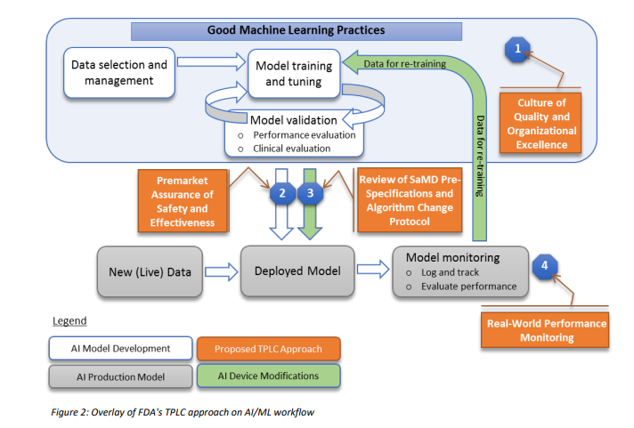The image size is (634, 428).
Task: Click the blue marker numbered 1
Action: coord(517,50)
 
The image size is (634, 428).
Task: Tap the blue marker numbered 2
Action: coord(282,193)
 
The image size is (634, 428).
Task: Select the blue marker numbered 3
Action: coord(310,193)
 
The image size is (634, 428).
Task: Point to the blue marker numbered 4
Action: coord(545,266)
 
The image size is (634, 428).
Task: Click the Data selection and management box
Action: coord(119,73)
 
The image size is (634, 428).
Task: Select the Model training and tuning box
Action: coord(294,74)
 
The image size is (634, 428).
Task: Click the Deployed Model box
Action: coord(297,271)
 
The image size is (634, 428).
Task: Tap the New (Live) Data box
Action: coord(150,272)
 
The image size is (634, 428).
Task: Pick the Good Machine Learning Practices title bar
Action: coord(297,31)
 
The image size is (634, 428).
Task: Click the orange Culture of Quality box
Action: coord(541,123)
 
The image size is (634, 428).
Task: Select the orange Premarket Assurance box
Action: coord(183,201)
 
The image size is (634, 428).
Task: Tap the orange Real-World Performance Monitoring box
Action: coord(545,330)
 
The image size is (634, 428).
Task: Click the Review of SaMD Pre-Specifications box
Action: coord(410,200)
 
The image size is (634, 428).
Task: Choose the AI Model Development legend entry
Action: coord(120,349)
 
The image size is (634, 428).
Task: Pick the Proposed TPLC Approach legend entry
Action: coord(269,349)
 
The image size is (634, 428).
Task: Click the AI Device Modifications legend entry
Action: coord(269,376)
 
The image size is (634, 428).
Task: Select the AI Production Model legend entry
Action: coord(120,376)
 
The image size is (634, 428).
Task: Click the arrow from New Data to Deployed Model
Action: coord(221,271)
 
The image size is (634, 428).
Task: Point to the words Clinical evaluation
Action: coord(291,149)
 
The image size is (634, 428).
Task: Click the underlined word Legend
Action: coord(69,321)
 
